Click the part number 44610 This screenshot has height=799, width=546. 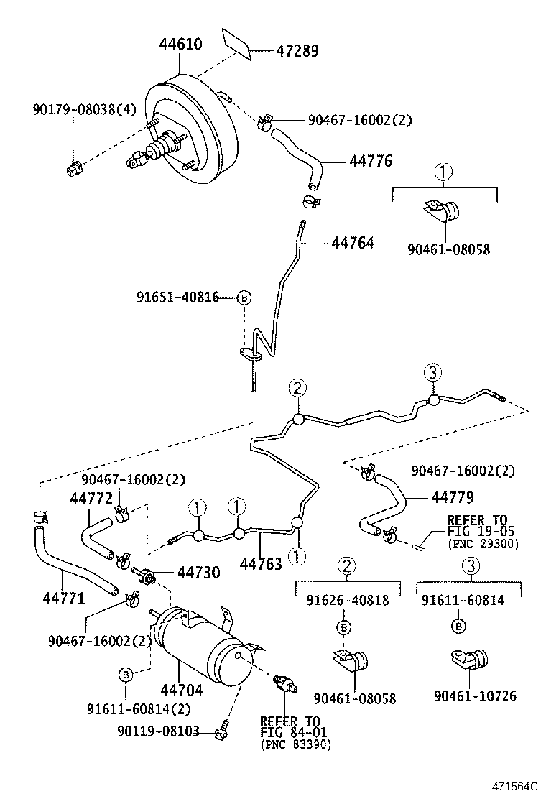[x=180, y=45]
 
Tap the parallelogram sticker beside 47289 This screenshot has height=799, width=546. [x=236, y=42]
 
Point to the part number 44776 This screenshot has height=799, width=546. [x=371, y=161]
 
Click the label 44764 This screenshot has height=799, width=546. [x=353, y=243]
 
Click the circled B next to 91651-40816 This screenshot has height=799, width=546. [x=244, y=297]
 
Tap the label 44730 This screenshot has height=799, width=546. [x=198, y=572]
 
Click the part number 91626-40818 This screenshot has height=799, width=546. [x=347, y=600]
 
